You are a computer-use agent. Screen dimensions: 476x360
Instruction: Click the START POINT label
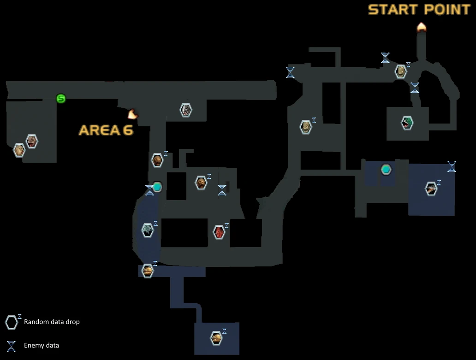click(x=419, y=10)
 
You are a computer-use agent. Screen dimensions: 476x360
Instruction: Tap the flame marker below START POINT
click(x=422, y=27)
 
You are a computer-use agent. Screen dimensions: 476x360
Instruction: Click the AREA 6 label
click(x=106, y=130)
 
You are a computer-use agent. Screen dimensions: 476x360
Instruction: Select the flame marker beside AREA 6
click(x=133, y=113)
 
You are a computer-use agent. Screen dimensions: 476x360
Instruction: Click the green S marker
click(x=61, y=98)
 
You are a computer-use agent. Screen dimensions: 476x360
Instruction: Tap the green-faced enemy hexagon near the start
click(x=407, y=123)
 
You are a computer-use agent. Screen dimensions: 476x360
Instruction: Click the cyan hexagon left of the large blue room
click(x=386, y=170)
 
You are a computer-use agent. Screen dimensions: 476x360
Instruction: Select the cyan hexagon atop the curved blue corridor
click(x=158, y=187)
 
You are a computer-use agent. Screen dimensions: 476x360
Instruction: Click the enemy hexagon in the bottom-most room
click(x=216, y=338)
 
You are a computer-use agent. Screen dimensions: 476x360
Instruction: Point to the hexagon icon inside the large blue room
click(x=431, y=189)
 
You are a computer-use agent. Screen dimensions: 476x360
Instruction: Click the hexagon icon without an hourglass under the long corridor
click(x=185, y=110)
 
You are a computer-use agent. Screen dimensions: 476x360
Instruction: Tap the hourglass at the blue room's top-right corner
click(x=452, y=166)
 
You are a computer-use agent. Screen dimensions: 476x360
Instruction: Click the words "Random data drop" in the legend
click(x=52, y=322)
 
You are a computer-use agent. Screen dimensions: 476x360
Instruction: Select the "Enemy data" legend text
click(x=42, y=345)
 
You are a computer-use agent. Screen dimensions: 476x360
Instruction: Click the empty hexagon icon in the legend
click(x=12, y=323)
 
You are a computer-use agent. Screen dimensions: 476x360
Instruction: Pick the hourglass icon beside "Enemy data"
click(x=12, y=345)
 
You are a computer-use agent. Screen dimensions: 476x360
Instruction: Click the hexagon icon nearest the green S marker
click(x=31, y=141)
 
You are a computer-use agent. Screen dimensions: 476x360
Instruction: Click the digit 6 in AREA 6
click(x=127, y=130)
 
